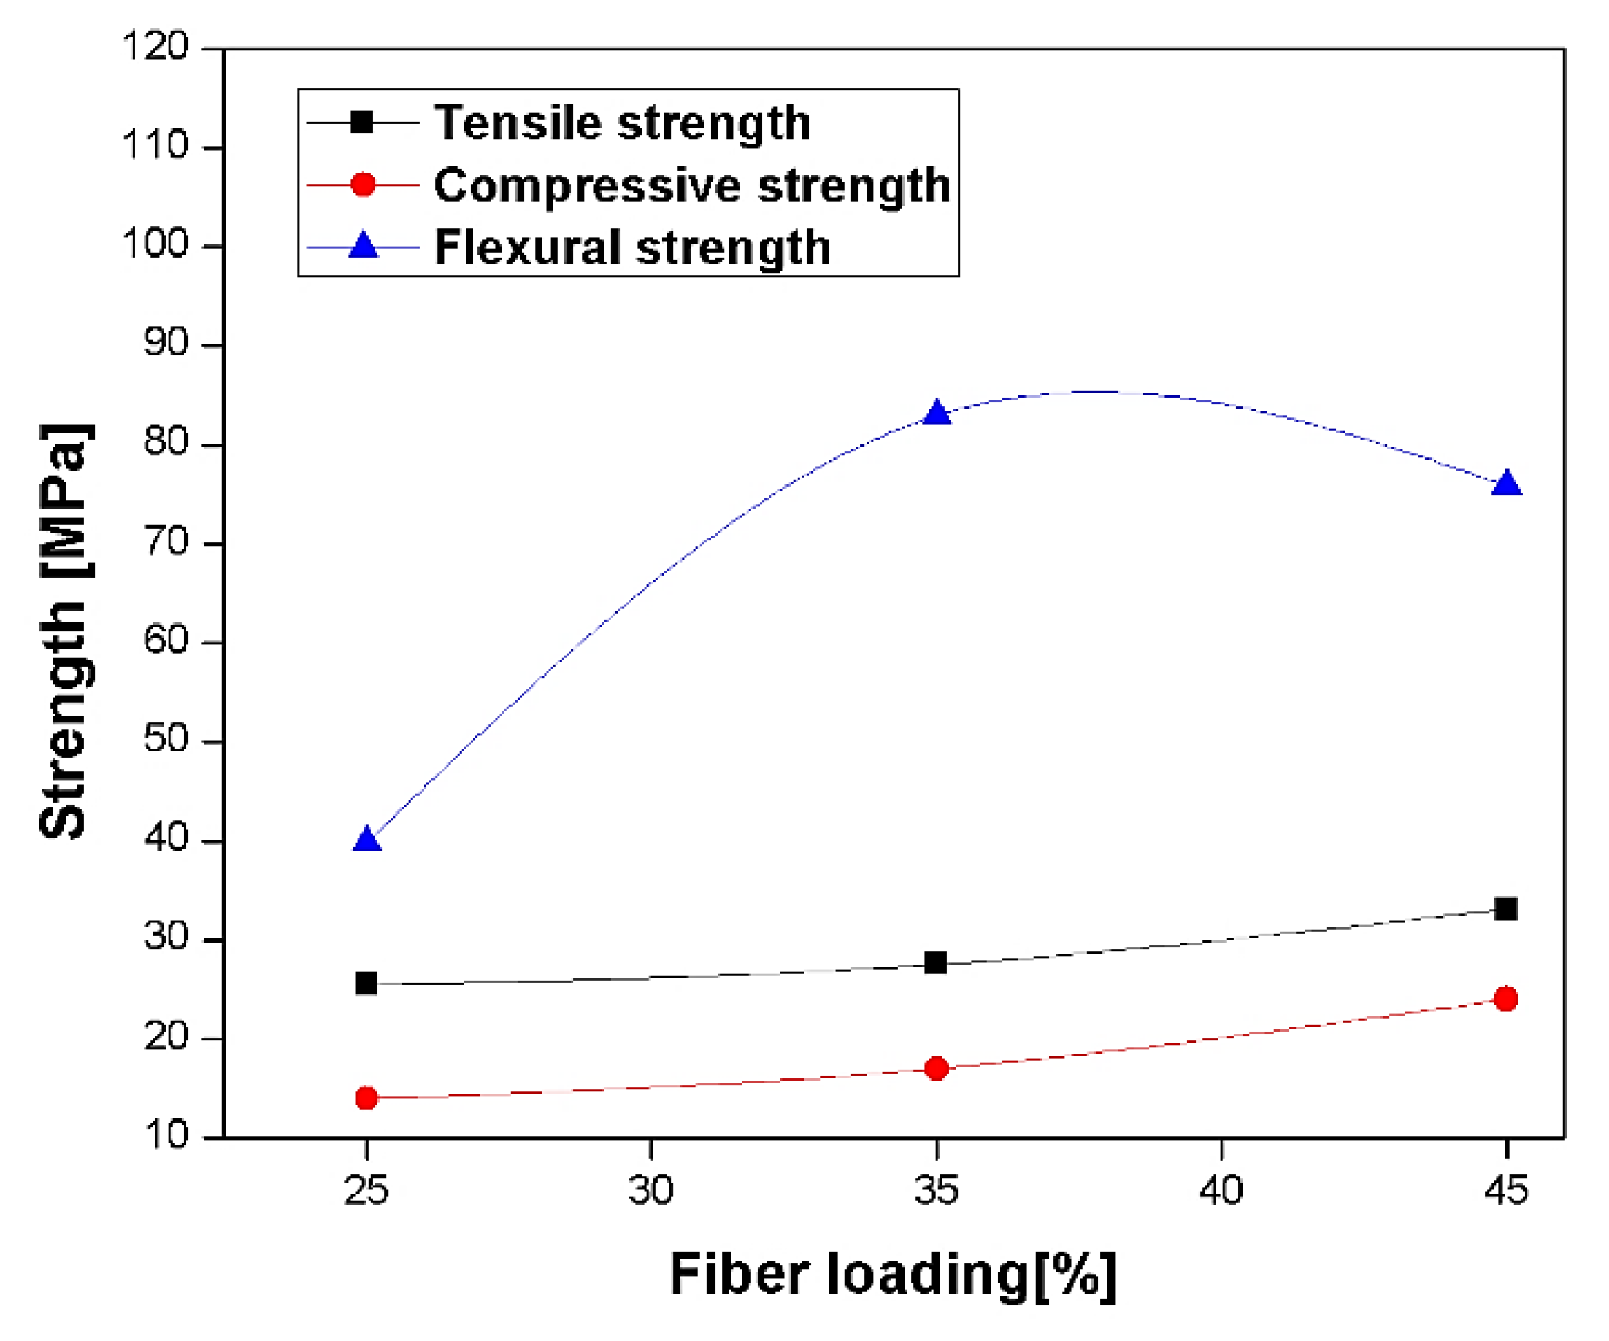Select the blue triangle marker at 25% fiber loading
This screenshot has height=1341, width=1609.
pyautogui.click(x=367, y=841)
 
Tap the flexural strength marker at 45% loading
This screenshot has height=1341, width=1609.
pyautogui.click(x=1506, y=484)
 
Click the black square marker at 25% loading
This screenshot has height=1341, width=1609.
pyautogui.click(x=366, y=983)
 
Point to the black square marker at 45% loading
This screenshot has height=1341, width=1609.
pyautogui.click(x=1506, y=909)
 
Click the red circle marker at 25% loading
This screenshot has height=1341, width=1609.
pyautogui.click(x=367, y=1098)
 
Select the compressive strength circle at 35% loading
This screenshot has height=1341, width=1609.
pyautogui.click(x=937, y=1068)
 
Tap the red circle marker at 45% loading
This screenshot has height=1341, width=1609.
pyautogui.click(x=1506, y=999)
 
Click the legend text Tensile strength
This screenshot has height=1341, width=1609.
pyautogui.click(x=621, y=123)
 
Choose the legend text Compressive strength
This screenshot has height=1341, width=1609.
pyautogui.click(x=692, y=185)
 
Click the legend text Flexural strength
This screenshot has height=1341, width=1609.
pyautogui.click(x=632, y=247)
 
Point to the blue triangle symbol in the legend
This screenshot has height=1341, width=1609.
pyautogui.click(x=363, y=246)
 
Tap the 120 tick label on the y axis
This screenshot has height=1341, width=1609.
pyautogui.click(x=155, y=47)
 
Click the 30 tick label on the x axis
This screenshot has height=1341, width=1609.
pyautogui.click(x=650, y=1190)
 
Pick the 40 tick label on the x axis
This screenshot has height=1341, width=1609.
pyautogui.click(x=1221, y=1190)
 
